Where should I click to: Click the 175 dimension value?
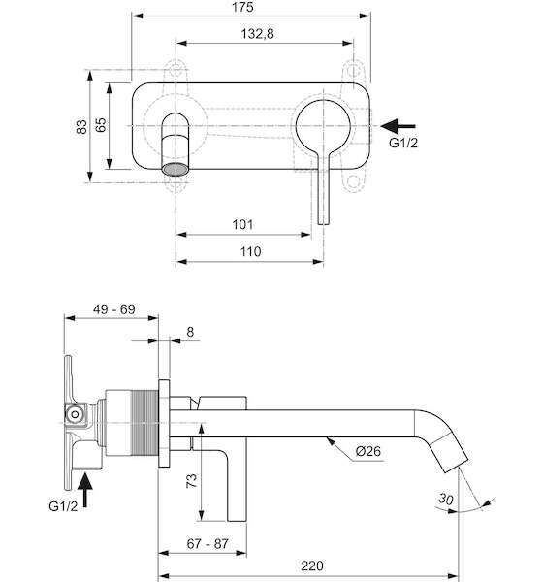pyautogui.click(x=242, y=7)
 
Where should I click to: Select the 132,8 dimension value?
pyautogui.click(x=257, y=34)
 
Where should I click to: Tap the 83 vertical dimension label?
pyautogui.click(x=81, y=126)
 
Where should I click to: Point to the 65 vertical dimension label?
pyautogui.click(x=100, y=125)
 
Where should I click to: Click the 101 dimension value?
pyautogui.click(x=242, y=225)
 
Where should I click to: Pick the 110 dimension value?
pyautogui.click(x=250, y=251)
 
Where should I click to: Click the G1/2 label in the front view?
pyautogui.click(x=403, y=143)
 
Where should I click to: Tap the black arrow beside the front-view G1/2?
pyautogui.click(x=398, y=126)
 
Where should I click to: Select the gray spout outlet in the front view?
pyautogui.click(x=176, y=169)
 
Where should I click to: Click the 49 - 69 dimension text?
pyautogui.click(x=114, y=309)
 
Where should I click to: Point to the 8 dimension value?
pyautogui.click(x=190, y=332)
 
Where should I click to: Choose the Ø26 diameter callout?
pyautogui.click(x=367, y=451)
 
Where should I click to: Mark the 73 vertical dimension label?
pyautogui.click(x=191, y=481)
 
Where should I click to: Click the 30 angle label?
pyautogui.click(x=446, y=499)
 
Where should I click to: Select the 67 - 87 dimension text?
pyautogui.click(x=208, y=544)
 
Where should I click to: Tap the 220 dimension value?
pyautogui.click(x=312, y=566)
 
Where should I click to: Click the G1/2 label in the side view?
pyautogui.click(x=63, y=506)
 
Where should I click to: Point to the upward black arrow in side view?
pyautogui.click(x=85, y=489)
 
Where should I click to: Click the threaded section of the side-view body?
pyautogui.click(x=144, y=423)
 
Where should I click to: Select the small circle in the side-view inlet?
pyautogui.click(x=75, y=414)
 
